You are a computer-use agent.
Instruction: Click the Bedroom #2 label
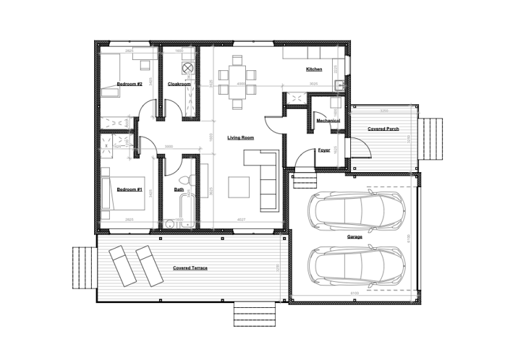(x=129, y=85)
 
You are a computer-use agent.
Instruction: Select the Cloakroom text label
(x=179, y=85)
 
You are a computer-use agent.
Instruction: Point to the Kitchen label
(x=314, y=69)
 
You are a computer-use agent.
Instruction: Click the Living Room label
(x=239, y=137)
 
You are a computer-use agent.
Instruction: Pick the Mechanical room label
(x=328, y=121)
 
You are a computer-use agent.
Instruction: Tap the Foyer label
(x=324, y=150)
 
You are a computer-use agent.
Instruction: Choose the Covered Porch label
(x=383, y=129)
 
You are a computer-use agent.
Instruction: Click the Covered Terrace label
(x=190, y=268)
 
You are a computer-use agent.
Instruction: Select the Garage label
(x=354, y=236)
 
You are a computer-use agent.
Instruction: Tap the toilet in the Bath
(x=184, y=181)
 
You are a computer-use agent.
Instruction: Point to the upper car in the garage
(x=356, y=212)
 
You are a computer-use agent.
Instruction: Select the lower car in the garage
(x=356, y=266)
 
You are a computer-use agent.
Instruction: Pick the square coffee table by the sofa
(x=240, y=187)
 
